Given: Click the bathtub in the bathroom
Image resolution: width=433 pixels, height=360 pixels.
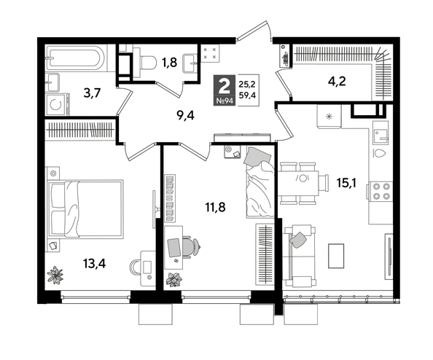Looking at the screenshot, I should [x=76, y=57].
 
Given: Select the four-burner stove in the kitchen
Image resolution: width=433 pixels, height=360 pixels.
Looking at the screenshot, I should [x=381, y=190].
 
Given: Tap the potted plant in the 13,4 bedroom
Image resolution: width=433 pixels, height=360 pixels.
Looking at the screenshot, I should [x=55, y=274].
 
